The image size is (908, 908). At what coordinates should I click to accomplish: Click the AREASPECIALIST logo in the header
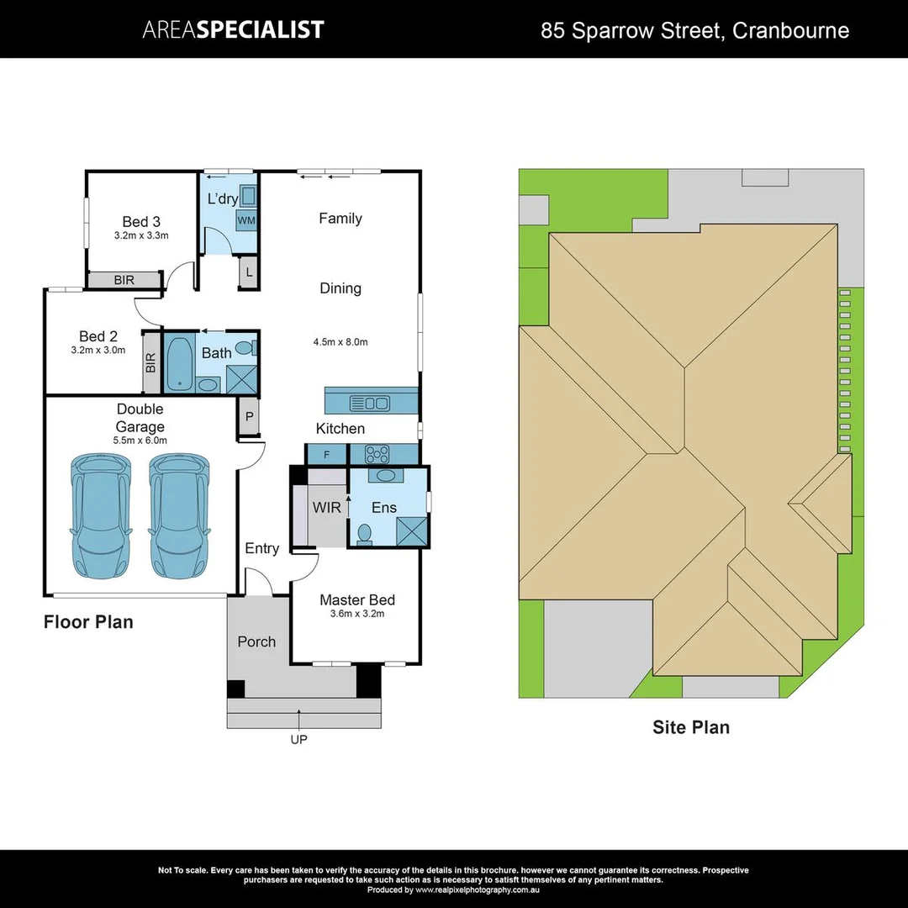(x=233, y=30)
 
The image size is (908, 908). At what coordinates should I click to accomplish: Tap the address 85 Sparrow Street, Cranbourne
(x=694, y=31)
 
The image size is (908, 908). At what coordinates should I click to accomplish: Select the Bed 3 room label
(x=141, y=222)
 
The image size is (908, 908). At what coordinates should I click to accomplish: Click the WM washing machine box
(x=246, y=219)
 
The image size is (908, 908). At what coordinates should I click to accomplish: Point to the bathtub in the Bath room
(x=179, y=362)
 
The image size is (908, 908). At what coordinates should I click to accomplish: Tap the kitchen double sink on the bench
(x=370, y=403)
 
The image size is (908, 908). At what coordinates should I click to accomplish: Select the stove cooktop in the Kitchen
(x=376, y=455)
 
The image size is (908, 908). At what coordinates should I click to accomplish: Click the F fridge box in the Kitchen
(x=327, y=455)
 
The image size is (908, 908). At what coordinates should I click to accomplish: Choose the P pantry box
(x=250, y=417)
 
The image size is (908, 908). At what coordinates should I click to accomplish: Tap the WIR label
(x=326, y=508)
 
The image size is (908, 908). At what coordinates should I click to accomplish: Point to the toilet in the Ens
(x=365, y=534)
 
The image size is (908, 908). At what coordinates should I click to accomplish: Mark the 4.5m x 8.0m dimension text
(x=340, y=342)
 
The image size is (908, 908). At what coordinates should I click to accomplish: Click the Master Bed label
(x=357, y=599)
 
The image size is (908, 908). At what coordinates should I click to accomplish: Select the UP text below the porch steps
(x=298, y=740)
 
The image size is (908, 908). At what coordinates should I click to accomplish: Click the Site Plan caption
(x=691, y=727)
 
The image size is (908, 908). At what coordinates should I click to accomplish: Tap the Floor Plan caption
(x=88, y=622)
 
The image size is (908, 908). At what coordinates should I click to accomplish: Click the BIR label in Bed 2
(x=151, y=362)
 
